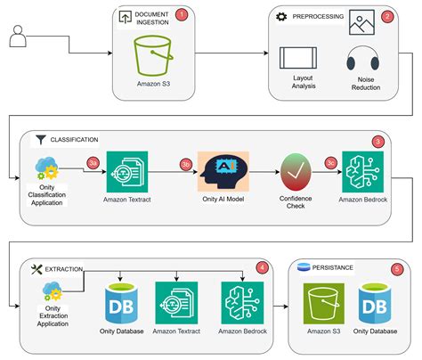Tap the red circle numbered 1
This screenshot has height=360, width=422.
click(x=182, y=14)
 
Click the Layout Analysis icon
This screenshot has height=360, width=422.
click(x=296, y=58)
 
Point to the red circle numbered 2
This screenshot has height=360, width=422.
click(x=386, y=15)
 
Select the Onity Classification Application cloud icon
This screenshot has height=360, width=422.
click(x=45, y=169)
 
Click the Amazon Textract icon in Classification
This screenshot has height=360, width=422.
click(x=126, y=171)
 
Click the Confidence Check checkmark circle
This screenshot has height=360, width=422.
click(x=297, y=171)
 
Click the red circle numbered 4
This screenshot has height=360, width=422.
click(x=262, y=266)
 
